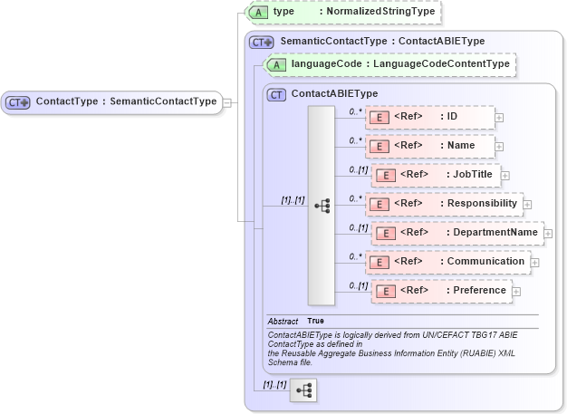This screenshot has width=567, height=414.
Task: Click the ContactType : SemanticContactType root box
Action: [x=112, y=101]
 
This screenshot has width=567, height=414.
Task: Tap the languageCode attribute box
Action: [x=389, y=64]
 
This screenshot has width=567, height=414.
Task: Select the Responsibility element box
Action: [x=444, y=204]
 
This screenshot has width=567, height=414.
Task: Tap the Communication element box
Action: [x=447, y=262]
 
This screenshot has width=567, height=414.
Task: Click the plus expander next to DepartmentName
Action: [x=548, y=234]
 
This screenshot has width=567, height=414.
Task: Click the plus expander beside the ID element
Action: [x=499, y=118]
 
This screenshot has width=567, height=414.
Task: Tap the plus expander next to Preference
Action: [x=516, y=292]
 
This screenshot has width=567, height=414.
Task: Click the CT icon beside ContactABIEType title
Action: [x=277, y=93]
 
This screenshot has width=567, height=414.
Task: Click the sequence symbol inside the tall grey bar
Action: [x=322, y=206]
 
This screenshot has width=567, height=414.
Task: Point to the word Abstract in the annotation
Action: [x=283, y=322]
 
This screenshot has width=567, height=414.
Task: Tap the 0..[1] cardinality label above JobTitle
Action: [x=359, y=169]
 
